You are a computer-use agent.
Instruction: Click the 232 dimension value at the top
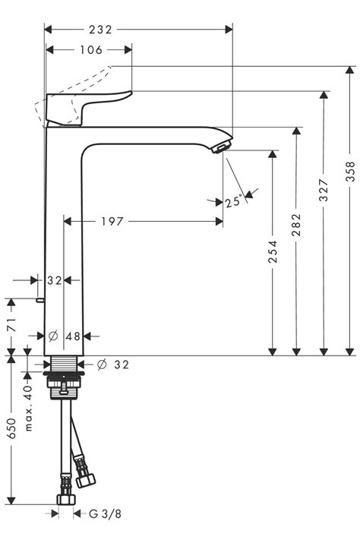tap(99, 30)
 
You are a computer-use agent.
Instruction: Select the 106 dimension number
tap(89, 50)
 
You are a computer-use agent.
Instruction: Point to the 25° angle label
tap(234, 201)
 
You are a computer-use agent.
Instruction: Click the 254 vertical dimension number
tap(273, 251)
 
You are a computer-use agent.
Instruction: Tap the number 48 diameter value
tap(73, 336)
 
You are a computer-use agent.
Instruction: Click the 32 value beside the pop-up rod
tap(54, 280)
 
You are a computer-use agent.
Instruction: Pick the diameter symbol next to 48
tap(53, 336)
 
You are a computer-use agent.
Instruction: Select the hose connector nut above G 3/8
tap(65, 499)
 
